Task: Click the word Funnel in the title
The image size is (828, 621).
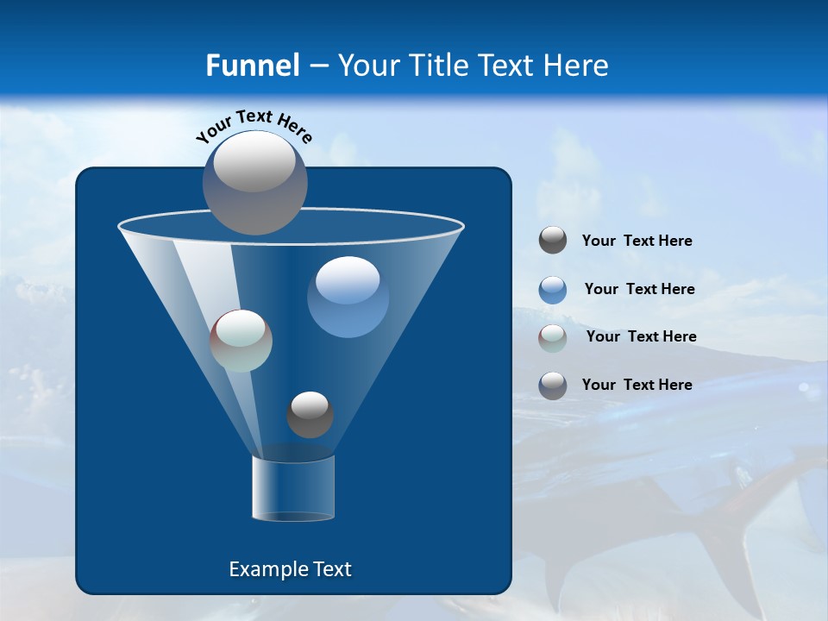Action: click(252, 66)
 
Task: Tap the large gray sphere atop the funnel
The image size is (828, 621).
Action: click(255, 182)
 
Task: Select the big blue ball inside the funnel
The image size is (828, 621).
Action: click(348, 297)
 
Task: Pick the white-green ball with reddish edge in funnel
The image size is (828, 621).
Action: click(241, 341)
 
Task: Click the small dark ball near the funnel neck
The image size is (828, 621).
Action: click(310, 414)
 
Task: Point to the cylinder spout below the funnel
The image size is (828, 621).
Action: click(293, 488)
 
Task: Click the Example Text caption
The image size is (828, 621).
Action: click(290, 569)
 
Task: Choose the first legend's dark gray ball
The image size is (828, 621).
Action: click(553, 241)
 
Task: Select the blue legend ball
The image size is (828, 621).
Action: click(553, 290)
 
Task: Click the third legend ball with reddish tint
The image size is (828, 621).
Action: click(553, 337)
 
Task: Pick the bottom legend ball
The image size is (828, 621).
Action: click(553, 386)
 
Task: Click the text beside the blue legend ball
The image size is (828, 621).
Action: click(639, 289)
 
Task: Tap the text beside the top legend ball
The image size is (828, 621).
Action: click(637, 241)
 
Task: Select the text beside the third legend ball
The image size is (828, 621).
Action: click(641, 336)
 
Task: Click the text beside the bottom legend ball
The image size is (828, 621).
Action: click(637, 385)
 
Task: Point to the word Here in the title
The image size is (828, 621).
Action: click(576, 66)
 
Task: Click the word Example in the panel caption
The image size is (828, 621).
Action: click(264, 569)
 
